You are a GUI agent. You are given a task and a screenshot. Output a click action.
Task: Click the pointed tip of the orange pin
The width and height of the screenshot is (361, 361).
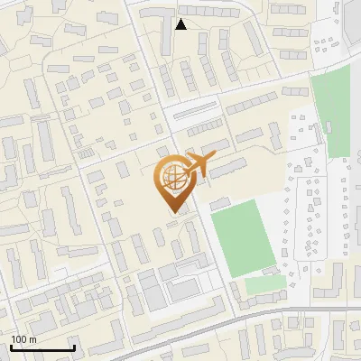[172, 210]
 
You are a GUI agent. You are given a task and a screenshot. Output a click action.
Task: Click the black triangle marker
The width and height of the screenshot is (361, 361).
[181, 24]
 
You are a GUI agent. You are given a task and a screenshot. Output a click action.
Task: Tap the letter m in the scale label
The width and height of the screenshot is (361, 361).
[34, 339]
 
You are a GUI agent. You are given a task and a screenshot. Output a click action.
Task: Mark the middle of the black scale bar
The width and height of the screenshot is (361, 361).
[42, 347]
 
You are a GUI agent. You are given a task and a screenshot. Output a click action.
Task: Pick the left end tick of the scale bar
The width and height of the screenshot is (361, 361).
[11, 346]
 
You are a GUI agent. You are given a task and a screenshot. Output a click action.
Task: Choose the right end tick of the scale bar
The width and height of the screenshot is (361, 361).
[74, 346]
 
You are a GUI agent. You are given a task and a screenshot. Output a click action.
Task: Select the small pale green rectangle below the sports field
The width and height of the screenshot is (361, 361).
[264, 286]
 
